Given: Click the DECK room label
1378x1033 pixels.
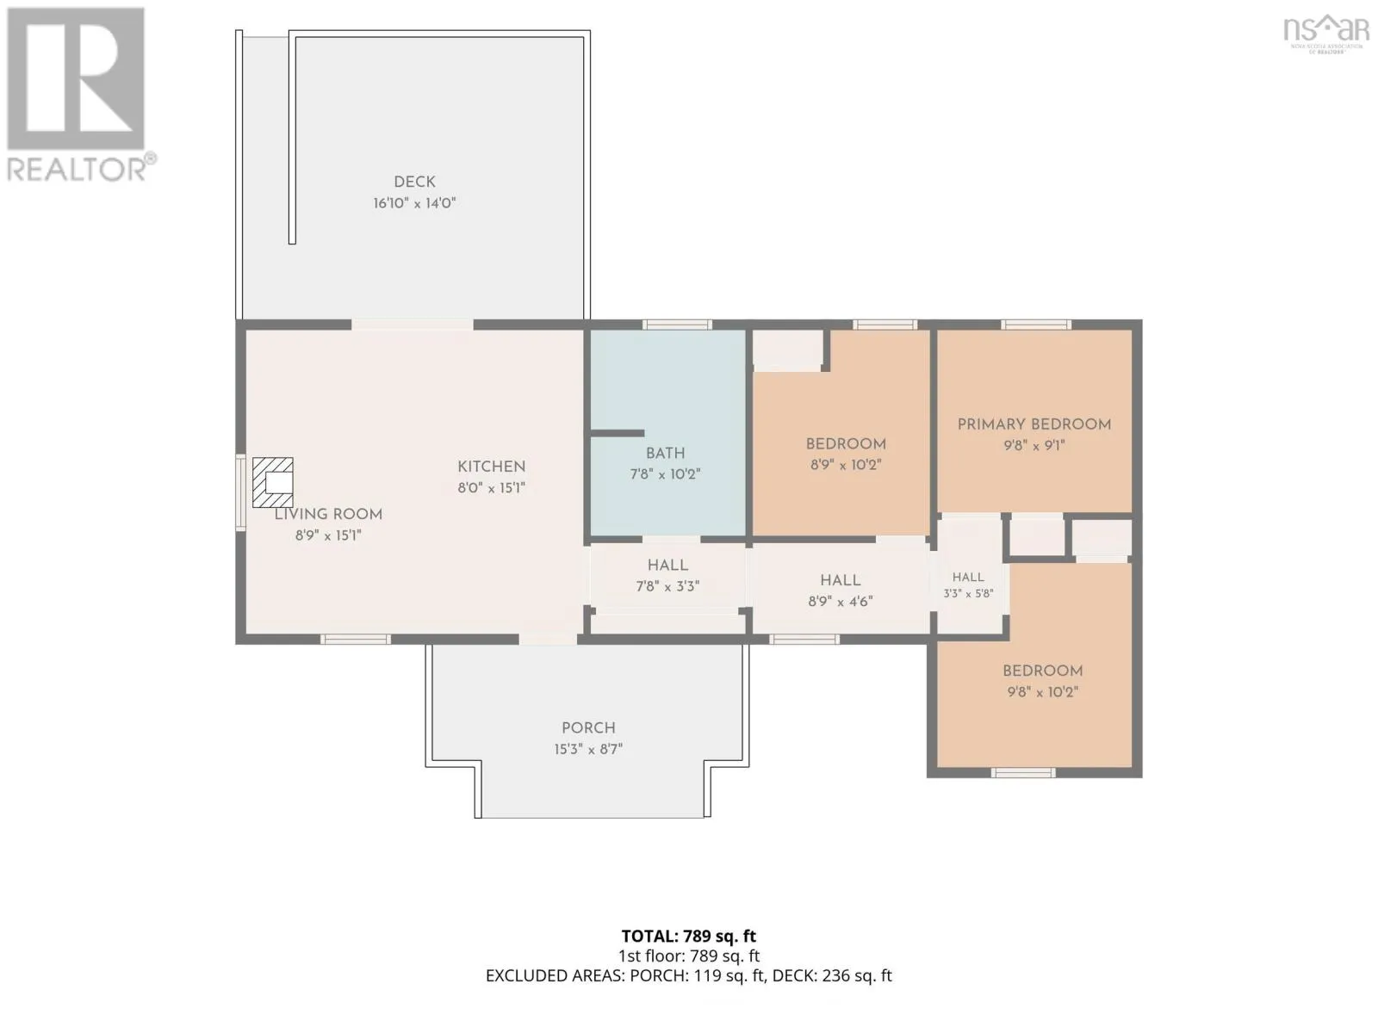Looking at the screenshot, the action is point(414,182).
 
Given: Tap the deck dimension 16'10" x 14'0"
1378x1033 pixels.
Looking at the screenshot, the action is point(414,203).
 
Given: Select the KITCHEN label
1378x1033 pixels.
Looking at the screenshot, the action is point(491,467).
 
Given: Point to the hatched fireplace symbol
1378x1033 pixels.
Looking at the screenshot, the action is point(272,482).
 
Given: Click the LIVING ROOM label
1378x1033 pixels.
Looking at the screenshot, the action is point(328,514).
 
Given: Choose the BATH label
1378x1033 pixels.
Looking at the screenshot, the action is point(665,454).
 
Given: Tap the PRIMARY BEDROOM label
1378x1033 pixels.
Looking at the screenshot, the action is point(1034,424).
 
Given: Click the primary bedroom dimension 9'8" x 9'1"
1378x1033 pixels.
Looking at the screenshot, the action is point(1034,446).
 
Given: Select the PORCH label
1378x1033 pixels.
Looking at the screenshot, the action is point(588,728).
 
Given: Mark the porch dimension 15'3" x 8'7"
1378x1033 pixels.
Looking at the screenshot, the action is point(588,749).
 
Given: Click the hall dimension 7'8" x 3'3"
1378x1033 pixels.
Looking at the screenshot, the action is point(667,586).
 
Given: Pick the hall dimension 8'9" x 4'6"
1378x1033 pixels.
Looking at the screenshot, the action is point(840,602).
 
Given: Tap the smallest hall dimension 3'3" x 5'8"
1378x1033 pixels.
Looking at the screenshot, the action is point(968,593).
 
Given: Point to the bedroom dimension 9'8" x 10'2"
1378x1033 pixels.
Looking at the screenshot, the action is point(1043,692).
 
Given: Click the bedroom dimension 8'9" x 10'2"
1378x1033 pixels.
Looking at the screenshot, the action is point(846,465).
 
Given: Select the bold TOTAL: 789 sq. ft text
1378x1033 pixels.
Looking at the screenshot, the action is point(689,937).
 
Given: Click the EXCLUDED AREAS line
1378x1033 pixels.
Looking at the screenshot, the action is point(689,976).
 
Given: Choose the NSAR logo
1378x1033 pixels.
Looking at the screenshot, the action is point(1325,34).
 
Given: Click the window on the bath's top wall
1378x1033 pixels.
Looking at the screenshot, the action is point(677,325).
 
